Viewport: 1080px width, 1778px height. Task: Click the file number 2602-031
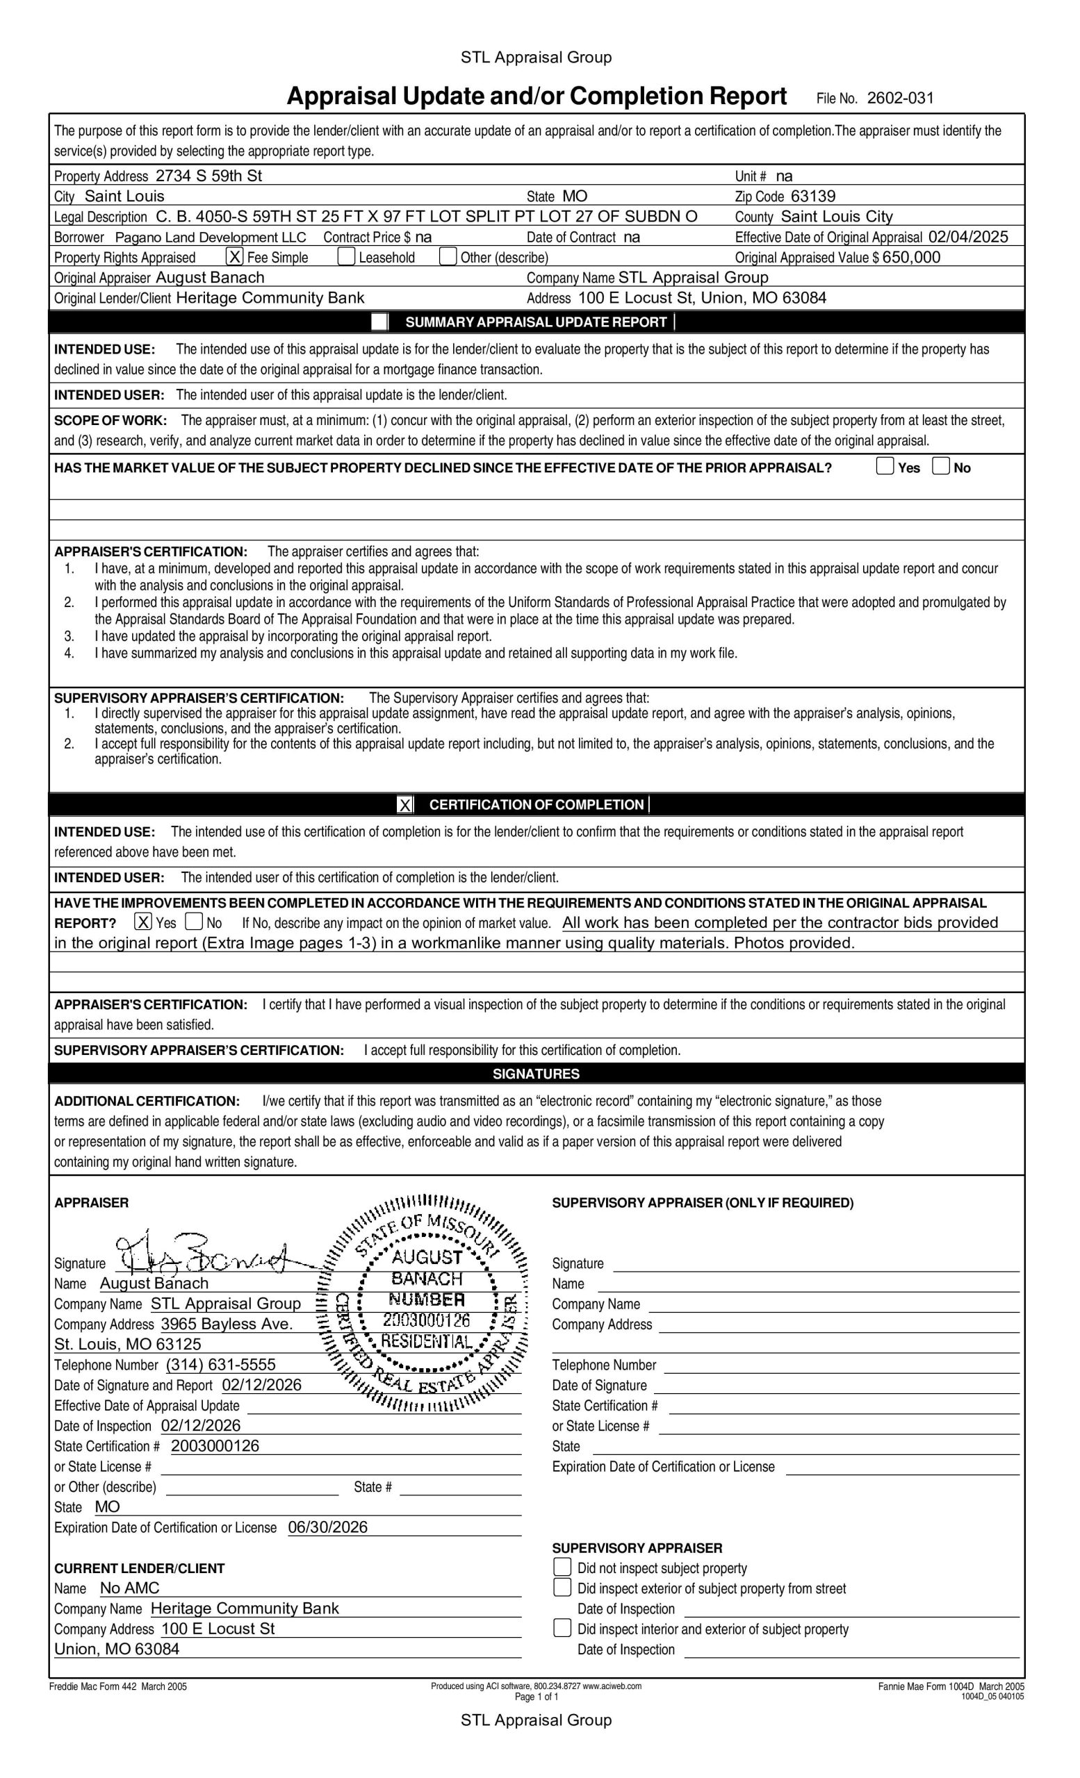pyautogui.click(x=899, y=98)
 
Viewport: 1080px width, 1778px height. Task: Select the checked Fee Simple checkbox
pyautogui.click(x=234, y=256)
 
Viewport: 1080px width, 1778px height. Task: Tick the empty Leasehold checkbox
pyautogui.click(x=347, y=256)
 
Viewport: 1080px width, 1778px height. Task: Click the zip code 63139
pyautogui.click(x=813, y=197)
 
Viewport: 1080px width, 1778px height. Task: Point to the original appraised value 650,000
pyautogui.click(x=911, y=258)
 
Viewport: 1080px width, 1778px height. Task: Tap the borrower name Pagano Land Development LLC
pyautogui.click(x=211, y=238)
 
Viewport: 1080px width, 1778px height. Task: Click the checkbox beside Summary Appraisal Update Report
pyautogui.click(x=379, y=322)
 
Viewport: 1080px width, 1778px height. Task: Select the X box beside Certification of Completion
pyautogui.click(x=405, y=804)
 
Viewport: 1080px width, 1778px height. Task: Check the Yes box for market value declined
pyautogui.click(x=884, y=466)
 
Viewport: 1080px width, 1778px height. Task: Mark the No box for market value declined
pyautogui.click(x=940, y=466)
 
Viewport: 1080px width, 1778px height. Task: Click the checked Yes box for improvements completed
pyautogui.click(x=144, y=922)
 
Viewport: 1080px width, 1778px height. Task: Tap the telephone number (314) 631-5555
pyautogui.click(x=221, y=1365)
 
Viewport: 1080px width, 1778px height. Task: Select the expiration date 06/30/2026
pyautogui.click(x=328, y=1527)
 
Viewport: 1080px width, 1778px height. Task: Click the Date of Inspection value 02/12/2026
pyautogui.click(x=201, y=1425)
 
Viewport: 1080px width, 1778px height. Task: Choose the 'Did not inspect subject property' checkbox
pyautogui.click(x=562, y=1568)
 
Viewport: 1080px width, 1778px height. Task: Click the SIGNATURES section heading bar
pyautogui.click(x=537, y=1073)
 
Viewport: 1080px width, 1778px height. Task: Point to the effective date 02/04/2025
pyautogui.click(x=968, y=237)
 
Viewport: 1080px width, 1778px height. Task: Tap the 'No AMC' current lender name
pyautogui.click(x=130, y=1588)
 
